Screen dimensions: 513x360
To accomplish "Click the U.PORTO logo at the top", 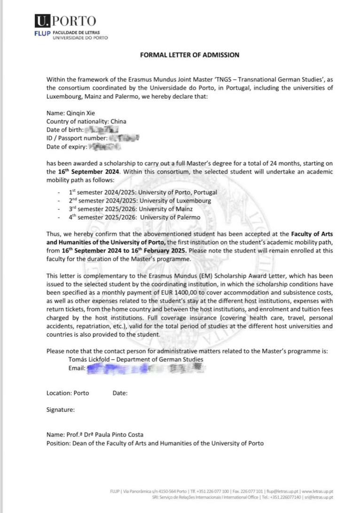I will tap(65, 21).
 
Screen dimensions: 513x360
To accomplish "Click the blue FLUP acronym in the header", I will tap(42, 33).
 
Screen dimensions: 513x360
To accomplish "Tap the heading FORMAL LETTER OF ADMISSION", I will tap(190, 55).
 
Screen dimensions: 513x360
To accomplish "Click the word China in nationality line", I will tap(118, 121).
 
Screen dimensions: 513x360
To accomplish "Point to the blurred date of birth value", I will tap(101, 129).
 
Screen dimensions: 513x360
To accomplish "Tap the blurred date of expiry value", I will tap(104, 147).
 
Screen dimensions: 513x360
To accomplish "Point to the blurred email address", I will tap(146, 368).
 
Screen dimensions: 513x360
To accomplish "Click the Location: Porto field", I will tap(68, 393).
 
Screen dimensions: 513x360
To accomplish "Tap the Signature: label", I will tap(60, 410).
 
